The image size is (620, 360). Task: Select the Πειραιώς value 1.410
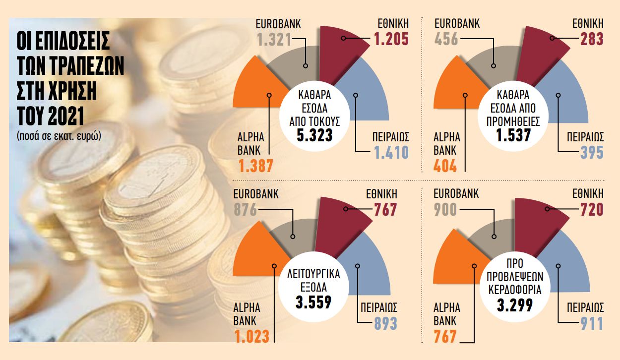(391, 152)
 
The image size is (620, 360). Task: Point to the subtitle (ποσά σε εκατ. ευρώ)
(59, 135)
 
